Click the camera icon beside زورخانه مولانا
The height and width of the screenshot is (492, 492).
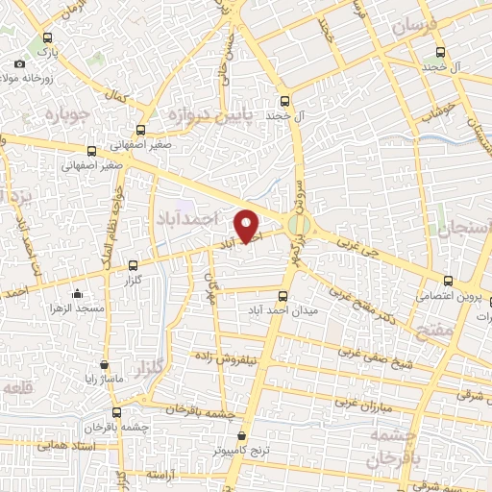(x=20, y=64)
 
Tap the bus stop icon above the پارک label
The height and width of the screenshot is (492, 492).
(x=42, y=28)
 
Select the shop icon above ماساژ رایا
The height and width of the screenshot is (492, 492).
(x=105, y=366)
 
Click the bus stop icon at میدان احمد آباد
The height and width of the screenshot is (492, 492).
(x=283, y=297)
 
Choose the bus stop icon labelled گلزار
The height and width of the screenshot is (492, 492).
(x=133, y=264)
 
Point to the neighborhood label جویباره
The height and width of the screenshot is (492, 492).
(x=65, y=113)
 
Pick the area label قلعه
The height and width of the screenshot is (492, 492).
(x=21, y=387)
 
